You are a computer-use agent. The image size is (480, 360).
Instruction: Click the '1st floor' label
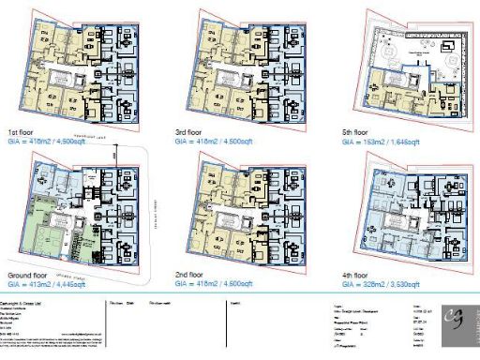click(x=22, y=131)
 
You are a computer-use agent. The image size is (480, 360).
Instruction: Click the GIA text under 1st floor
click(x=52, y=142)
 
